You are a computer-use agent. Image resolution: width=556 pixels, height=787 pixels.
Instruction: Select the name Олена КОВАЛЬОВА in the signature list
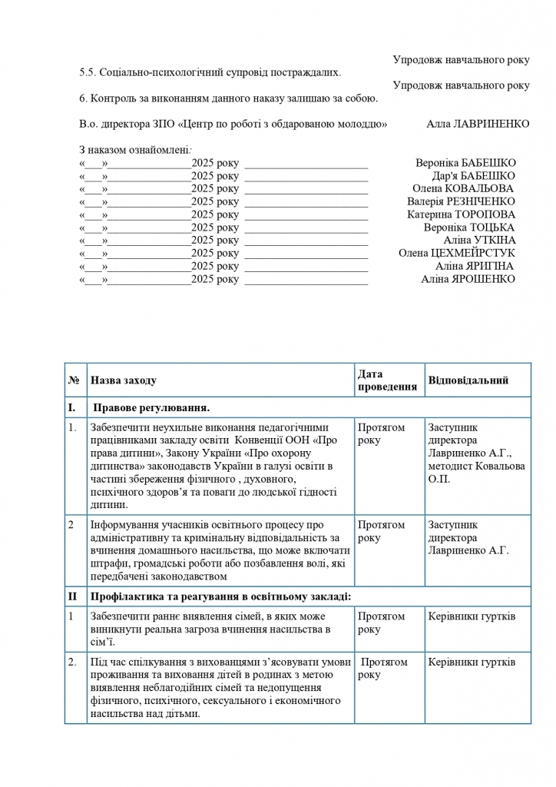463,188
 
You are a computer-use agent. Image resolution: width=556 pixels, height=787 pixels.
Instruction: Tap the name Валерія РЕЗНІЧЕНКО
461,201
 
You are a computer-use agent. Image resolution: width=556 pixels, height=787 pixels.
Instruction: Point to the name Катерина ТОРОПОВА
461,214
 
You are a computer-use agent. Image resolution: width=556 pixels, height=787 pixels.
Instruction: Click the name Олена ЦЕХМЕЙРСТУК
457,253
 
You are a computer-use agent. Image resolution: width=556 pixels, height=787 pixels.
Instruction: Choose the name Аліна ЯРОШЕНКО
468,279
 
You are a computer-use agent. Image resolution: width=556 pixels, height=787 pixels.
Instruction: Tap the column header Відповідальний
468,380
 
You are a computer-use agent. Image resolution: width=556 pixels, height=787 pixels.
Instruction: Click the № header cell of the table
74,380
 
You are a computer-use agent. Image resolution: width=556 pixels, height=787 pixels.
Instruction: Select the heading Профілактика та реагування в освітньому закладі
221,596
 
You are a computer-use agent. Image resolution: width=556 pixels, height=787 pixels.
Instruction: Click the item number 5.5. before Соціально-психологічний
89,72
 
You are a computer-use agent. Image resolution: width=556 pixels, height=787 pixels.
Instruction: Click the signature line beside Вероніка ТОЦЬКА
306,227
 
